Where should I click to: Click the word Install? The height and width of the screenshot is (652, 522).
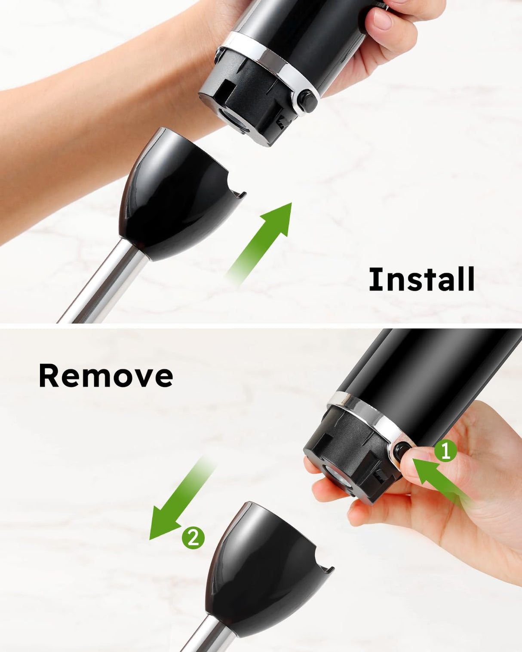421,279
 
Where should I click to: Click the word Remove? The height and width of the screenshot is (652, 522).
106,375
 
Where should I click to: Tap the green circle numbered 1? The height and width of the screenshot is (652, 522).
445,451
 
